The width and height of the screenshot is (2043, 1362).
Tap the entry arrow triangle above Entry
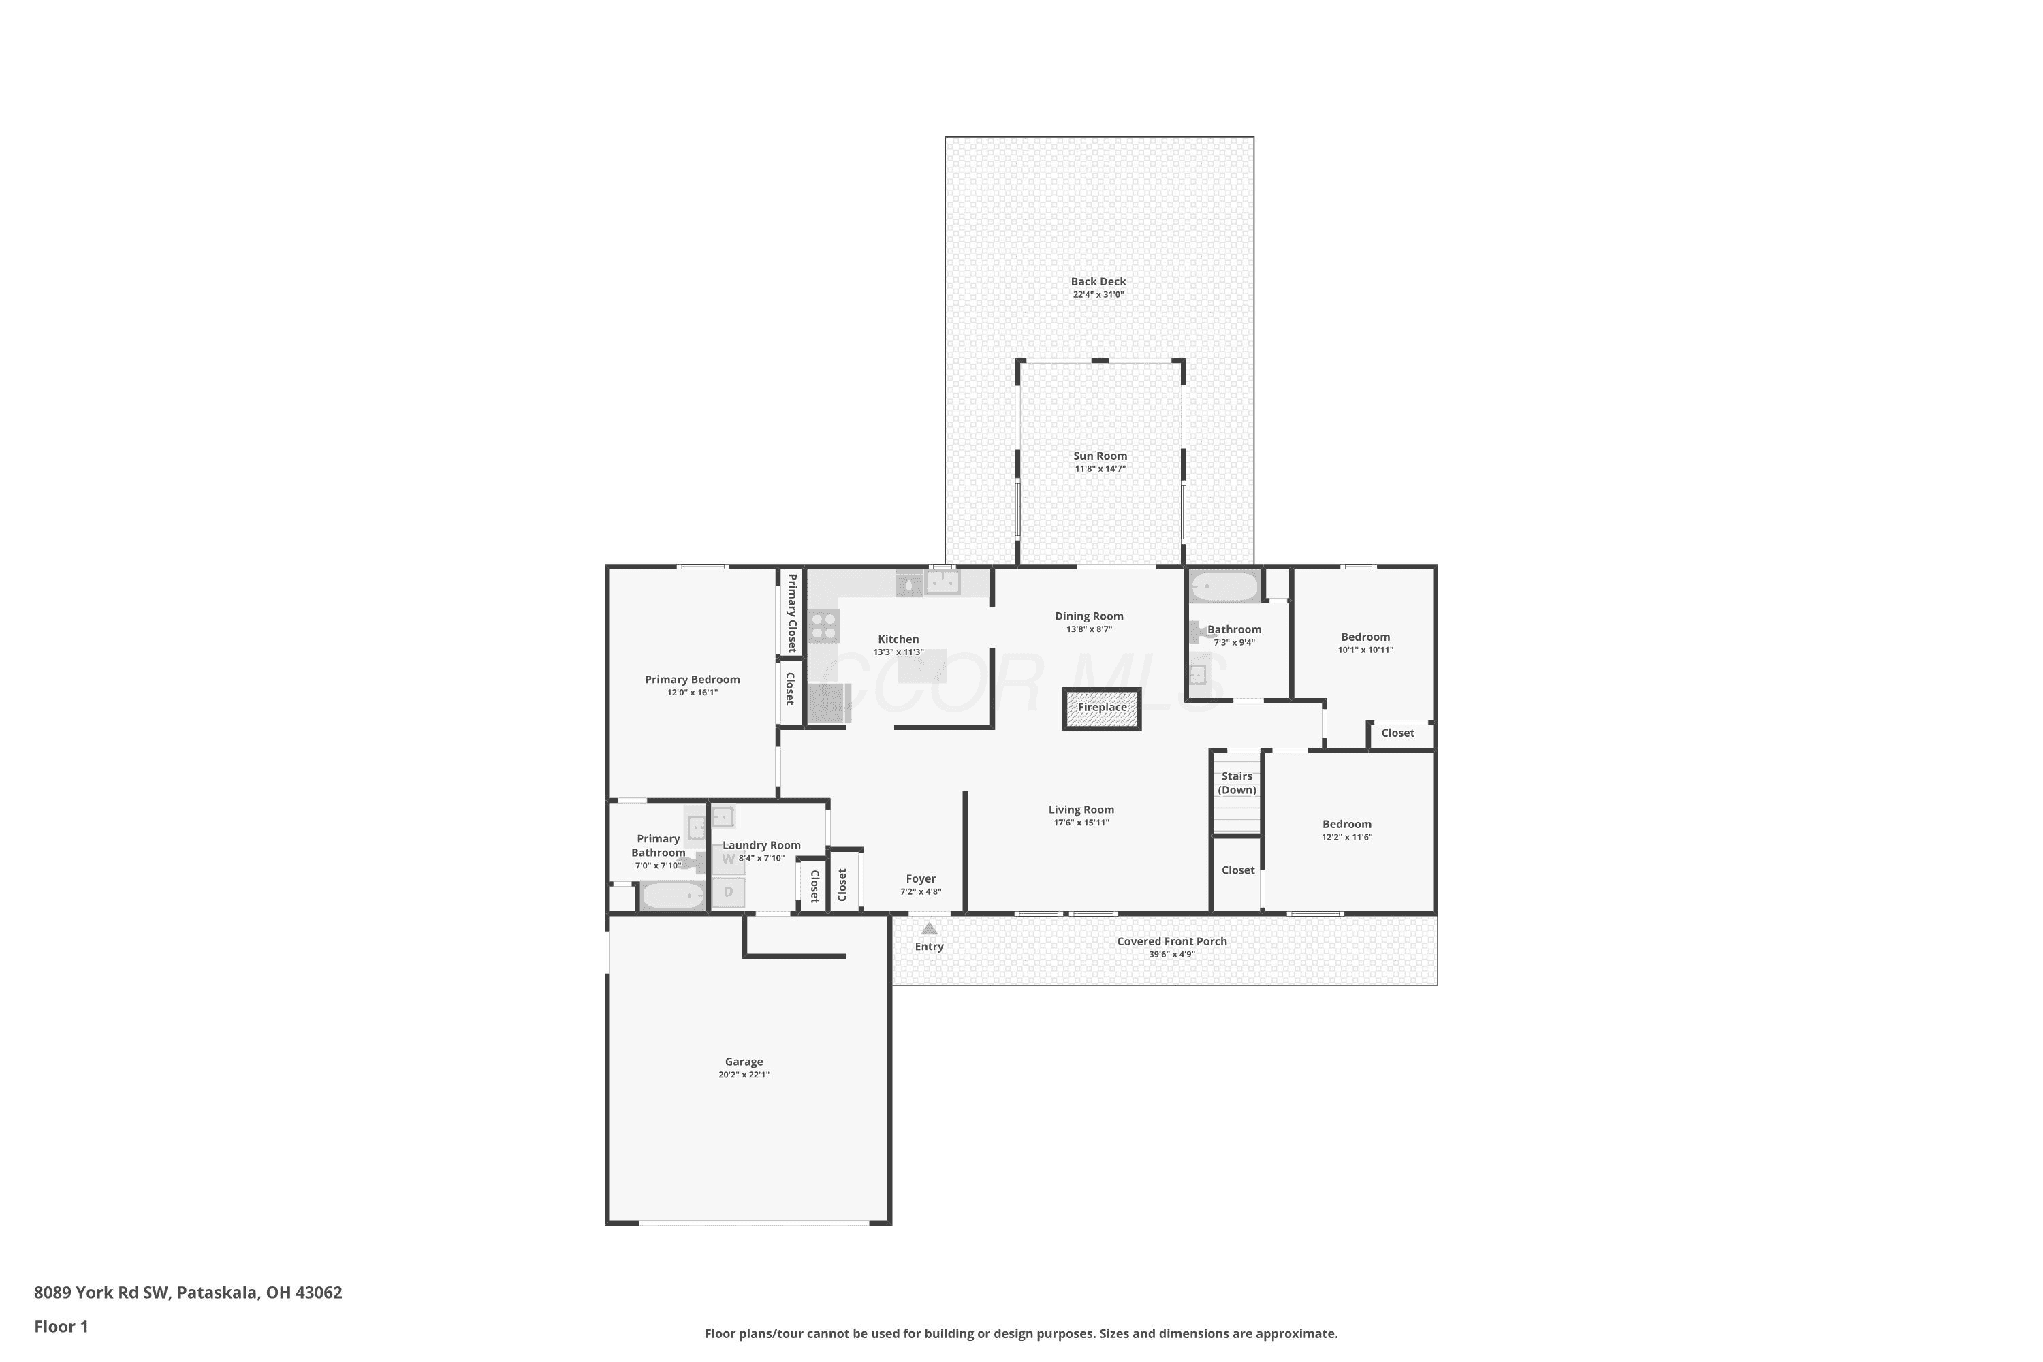pyautogui.click(x=930, y=929)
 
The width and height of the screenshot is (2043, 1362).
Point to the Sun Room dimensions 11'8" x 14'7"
pyautogui.click(x=1100, y=469)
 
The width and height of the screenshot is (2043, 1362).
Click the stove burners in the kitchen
pyautogui.click(x=823, y=627)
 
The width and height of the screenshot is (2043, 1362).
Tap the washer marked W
pyautogui.click(x=728, y=859)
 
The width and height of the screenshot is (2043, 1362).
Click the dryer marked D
pyautogui.click(x=728, y=892)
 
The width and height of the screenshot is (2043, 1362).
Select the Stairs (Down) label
pyautogui.click(x=1237, y=782)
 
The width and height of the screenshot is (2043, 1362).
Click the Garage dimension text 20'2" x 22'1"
pyautogui.click(x=744, y=1075)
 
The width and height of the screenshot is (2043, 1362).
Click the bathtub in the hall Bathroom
pyautogui.click(x=1224, y=587)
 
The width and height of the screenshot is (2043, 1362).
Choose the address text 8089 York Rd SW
pyautogui.click(x=101, y=1292)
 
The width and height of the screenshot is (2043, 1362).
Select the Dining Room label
pyautogui.click(x=1089, y=616)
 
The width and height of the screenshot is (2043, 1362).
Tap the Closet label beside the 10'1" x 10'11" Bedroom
pyautogui.click(x=1397, y=733)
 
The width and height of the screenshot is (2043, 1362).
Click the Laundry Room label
pyautogui.click(x=762, y=845)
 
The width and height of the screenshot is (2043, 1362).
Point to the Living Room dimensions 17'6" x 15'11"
pyautogui.click(x=1081, y=823)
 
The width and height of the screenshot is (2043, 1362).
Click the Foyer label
pyautogui.click(x=921, y=879)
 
